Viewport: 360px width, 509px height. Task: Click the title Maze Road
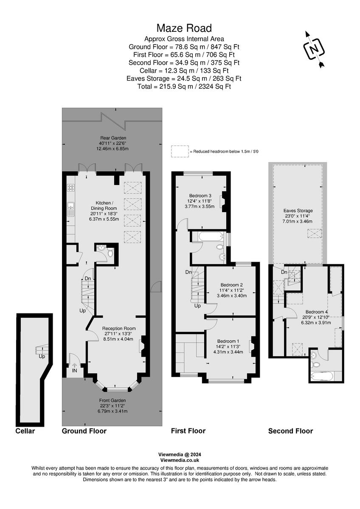point(184,28)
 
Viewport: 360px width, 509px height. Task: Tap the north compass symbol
point(314,49)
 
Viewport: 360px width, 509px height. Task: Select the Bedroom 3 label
point(201,196)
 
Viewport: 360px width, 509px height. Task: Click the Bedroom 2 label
point(231,285)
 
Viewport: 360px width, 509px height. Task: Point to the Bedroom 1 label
point(228,341)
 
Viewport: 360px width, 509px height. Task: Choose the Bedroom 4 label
point(318,311)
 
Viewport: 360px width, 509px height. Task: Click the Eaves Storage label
point(298,210)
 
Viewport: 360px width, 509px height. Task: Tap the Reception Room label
point(118,328)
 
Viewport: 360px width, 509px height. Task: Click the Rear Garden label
point(113,138)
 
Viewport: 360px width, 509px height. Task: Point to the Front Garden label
point(112,400)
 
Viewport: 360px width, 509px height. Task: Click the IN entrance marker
point(75,370)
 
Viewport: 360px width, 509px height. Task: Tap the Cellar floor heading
point(25,431)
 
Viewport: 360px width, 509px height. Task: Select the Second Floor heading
point(290,431)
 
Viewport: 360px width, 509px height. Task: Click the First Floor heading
point(188,431)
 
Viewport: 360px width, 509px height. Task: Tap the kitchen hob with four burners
point(70,187)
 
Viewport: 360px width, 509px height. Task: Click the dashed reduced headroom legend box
point(179,151)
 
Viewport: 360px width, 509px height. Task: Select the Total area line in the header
point(184,87)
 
